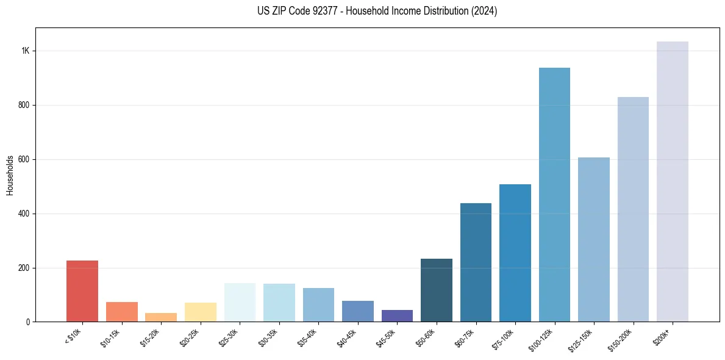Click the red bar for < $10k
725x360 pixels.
[x=82, y=291]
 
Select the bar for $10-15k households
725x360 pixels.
[x=122, y=312]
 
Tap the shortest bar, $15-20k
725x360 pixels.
[x=161, y=317]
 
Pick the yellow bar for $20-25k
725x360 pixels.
[x=201, y=312]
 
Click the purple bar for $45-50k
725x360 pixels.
[x=401, y=315]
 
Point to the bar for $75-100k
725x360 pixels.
[x=515, y=253]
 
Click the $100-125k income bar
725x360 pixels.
[x=554, y=195]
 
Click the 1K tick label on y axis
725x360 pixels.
[x=26, y=51]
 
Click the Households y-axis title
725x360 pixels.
[x=10, y=175]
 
